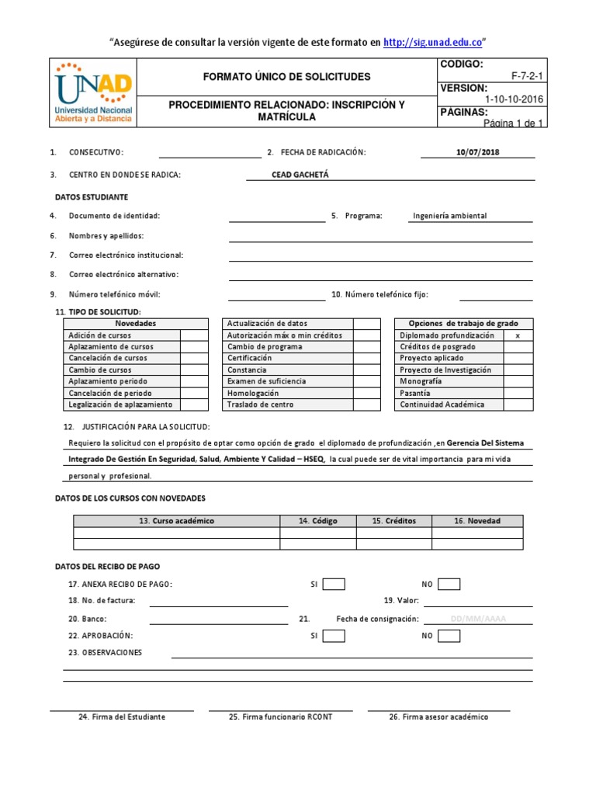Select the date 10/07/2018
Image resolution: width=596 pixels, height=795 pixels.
click(478, 151)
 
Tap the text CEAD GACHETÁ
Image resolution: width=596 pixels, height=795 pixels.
click(300, 175)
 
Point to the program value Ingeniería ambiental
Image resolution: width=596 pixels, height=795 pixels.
click(450, 216)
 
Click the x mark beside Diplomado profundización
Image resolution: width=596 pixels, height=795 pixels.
click(518, 335)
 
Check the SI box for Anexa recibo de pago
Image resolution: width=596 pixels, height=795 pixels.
click(334, 584)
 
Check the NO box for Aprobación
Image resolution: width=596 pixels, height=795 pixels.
click(449, 636)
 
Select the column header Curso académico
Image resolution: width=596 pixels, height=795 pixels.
click(176, 521)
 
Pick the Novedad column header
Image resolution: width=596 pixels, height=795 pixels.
click(477, 521)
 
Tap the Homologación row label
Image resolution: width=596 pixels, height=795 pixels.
click(253, 393)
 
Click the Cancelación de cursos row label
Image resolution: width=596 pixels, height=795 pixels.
click(108, 358)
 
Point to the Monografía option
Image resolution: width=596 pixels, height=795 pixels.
click(421, 381)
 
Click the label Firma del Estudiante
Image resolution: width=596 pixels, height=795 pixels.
click(122, 717)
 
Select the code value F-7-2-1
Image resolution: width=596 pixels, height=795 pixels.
click(528, 77)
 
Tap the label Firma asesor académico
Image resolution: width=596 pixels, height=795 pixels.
click(438, 717)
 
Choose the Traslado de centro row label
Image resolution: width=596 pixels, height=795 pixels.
click(260, 404)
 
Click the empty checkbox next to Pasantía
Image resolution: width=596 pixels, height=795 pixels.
click(518, 393)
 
